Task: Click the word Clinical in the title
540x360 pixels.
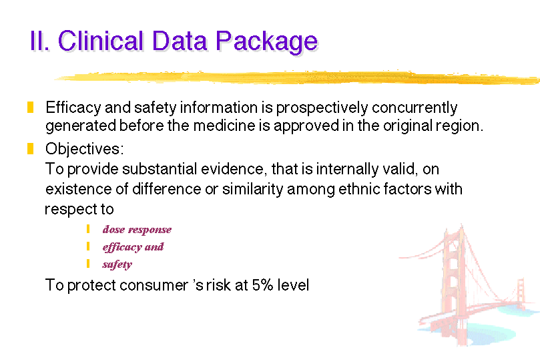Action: tap(100, 41)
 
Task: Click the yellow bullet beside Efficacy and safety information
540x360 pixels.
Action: tap(30, 107)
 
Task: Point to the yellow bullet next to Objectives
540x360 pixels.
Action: tap(30, 148)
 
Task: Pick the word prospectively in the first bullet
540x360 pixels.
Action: tap(322, 108)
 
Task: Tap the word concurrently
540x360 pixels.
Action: tap(415, 108)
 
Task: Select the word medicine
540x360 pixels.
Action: tap(224, 126)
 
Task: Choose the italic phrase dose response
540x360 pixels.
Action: tap(137, 230)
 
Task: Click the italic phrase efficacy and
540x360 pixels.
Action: tap(133, 247)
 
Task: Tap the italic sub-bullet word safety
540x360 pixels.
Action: tap(117, 264)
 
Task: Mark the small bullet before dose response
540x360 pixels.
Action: tap(88, 228)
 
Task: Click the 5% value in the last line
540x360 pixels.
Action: tap(262, 285)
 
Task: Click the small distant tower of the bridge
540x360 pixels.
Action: tap(521, 293)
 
